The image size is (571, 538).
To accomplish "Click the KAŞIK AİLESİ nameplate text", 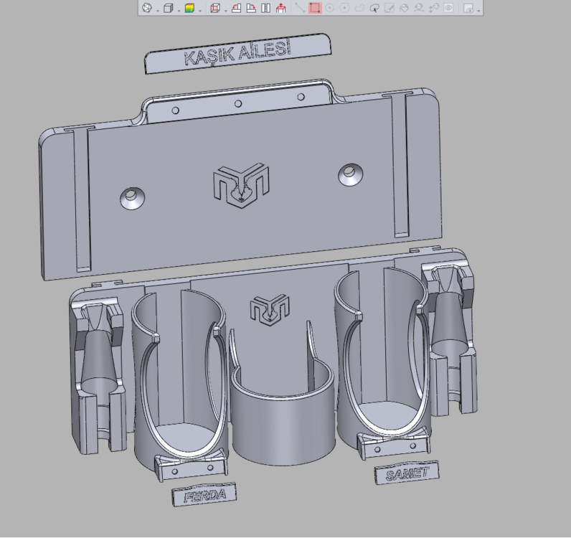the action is (x=237, y=54).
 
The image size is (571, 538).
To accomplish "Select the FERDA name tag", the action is (x=204, y=494).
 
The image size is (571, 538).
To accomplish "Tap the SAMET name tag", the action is (x=407, y=473).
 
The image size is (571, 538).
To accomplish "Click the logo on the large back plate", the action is (x=241, y=185).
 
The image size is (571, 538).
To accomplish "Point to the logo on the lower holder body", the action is (x=270, y=310).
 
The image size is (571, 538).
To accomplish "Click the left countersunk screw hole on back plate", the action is (x=132, y=198).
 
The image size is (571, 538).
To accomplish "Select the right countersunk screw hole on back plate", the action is (x=350, y=174).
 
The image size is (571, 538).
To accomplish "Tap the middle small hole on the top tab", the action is (x=238, y=104).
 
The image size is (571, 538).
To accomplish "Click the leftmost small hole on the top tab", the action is (x=175, y=110).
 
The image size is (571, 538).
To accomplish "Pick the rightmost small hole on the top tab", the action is (x=301, y=97).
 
